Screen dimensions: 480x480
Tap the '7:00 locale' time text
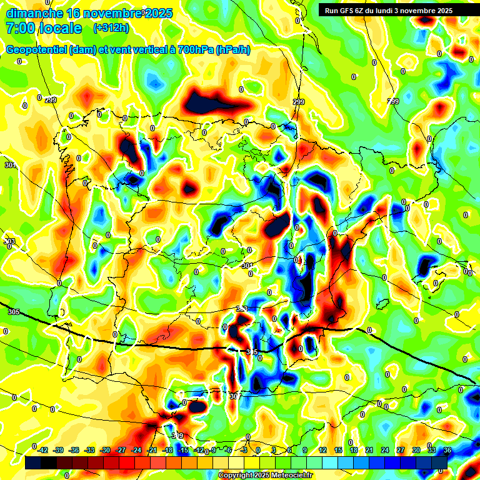44,28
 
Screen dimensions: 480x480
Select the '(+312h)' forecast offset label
111,28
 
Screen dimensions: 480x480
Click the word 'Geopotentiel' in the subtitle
36,50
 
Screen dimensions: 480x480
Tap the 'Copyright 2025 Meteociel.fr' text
265,476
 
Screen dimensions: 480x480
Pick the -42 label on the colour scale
42,450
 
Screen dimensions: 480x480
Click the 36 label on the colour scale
447,450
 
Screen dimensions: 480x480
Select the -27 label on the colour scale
121,450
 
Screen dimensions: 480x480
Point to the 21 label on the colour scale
369,450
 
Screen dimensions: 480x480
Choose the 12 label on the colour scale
322,450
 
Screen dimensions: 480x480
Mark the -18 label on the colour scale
167,450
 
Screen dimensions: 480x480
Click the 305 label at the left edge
14,311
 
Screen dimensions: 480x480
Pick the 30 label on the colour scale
416,450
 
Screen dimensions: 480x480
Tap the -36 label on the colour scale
74,450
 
